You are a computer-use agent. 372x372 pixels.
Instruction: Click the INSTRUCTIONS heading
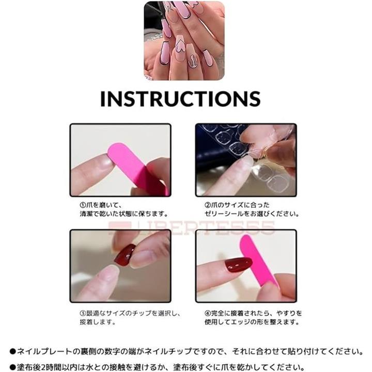pyautogui.click(x=180, y=99)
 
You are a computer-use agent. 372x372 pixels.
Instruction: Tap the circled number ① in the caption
pyautogui.click(x=83, y=205)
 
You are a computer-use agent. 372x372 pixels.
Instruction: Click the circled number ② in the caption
pyautogui.click(x=208, y=205)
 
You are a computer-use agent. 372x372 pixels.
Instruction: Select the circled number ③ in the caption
pyautogui.click(x=83, y=313)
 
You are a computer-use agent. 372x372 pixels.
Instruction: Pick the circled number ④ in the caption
pyautogui.click(x=208, y=313)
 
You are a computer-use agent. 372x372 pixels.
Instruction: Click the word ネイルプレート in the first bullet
pyautogui.click(x=44, y=351)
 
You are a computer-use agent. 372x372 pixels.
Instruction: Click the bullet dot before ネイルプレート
pyautogui.click(x=12, y=351)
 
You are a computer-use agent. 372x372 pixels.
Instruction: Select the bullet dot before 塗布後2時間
pyautogui.click(x=12, y=368)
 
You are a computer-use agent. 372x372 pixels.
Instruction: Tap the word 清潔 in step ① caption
pyautogui.click(x=86, y=214)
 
